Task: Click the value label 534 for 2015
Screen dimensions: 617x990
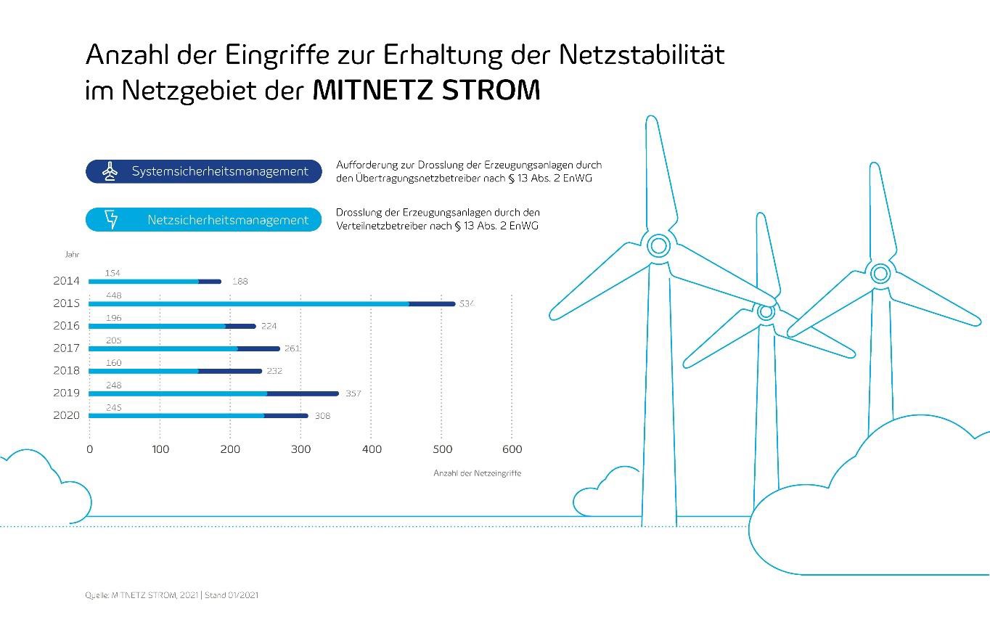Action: tap(466, 303)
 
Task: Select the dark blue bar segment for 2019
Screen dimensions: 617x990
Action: tap(302, 393)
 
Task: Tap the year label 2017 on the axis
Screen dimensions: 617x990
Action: tap(67, 348)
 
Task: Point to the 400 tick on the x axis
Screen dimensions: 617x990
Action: tap(371, 449)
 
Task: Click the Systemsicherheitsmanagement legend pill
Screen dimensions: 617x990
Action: tap(203, 172)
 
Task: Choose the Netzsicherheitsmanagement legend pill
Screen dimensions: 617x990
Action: tap(203, 220)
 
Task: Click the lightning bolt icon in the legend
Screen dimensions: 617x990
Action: tap(111, 220)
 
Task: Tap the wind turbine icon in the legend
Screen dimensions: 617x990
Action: tap(110, 172)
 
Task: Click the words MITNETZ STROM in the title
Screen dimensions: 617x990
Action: tap(426, 91)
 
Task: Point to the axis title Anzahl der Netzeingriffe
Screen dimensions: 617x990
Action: tap(477, 473)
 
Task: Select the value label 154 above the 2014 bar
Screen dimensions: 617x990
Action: tap(112, 273)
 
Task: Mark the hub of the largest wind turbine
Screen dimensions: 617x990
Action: tap(658, 245)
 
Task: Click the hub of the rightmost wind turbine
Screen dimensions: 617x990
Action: tap(880, 274)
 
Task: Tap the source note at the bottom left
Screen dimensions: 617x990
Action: tap(171, 595)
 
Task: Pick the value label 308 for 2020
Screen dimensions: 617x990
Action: tap(322, 416)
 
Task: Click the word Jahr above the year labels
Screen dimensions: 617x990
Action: tap(72, 255)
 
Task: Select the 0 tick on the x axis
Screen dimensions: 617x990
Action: tap(89, 449)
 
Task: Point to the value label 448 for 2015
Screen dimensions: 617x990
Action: tap(113, 295)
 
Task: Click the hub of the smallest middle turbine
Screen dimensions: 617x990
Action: tap(766, 311)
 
